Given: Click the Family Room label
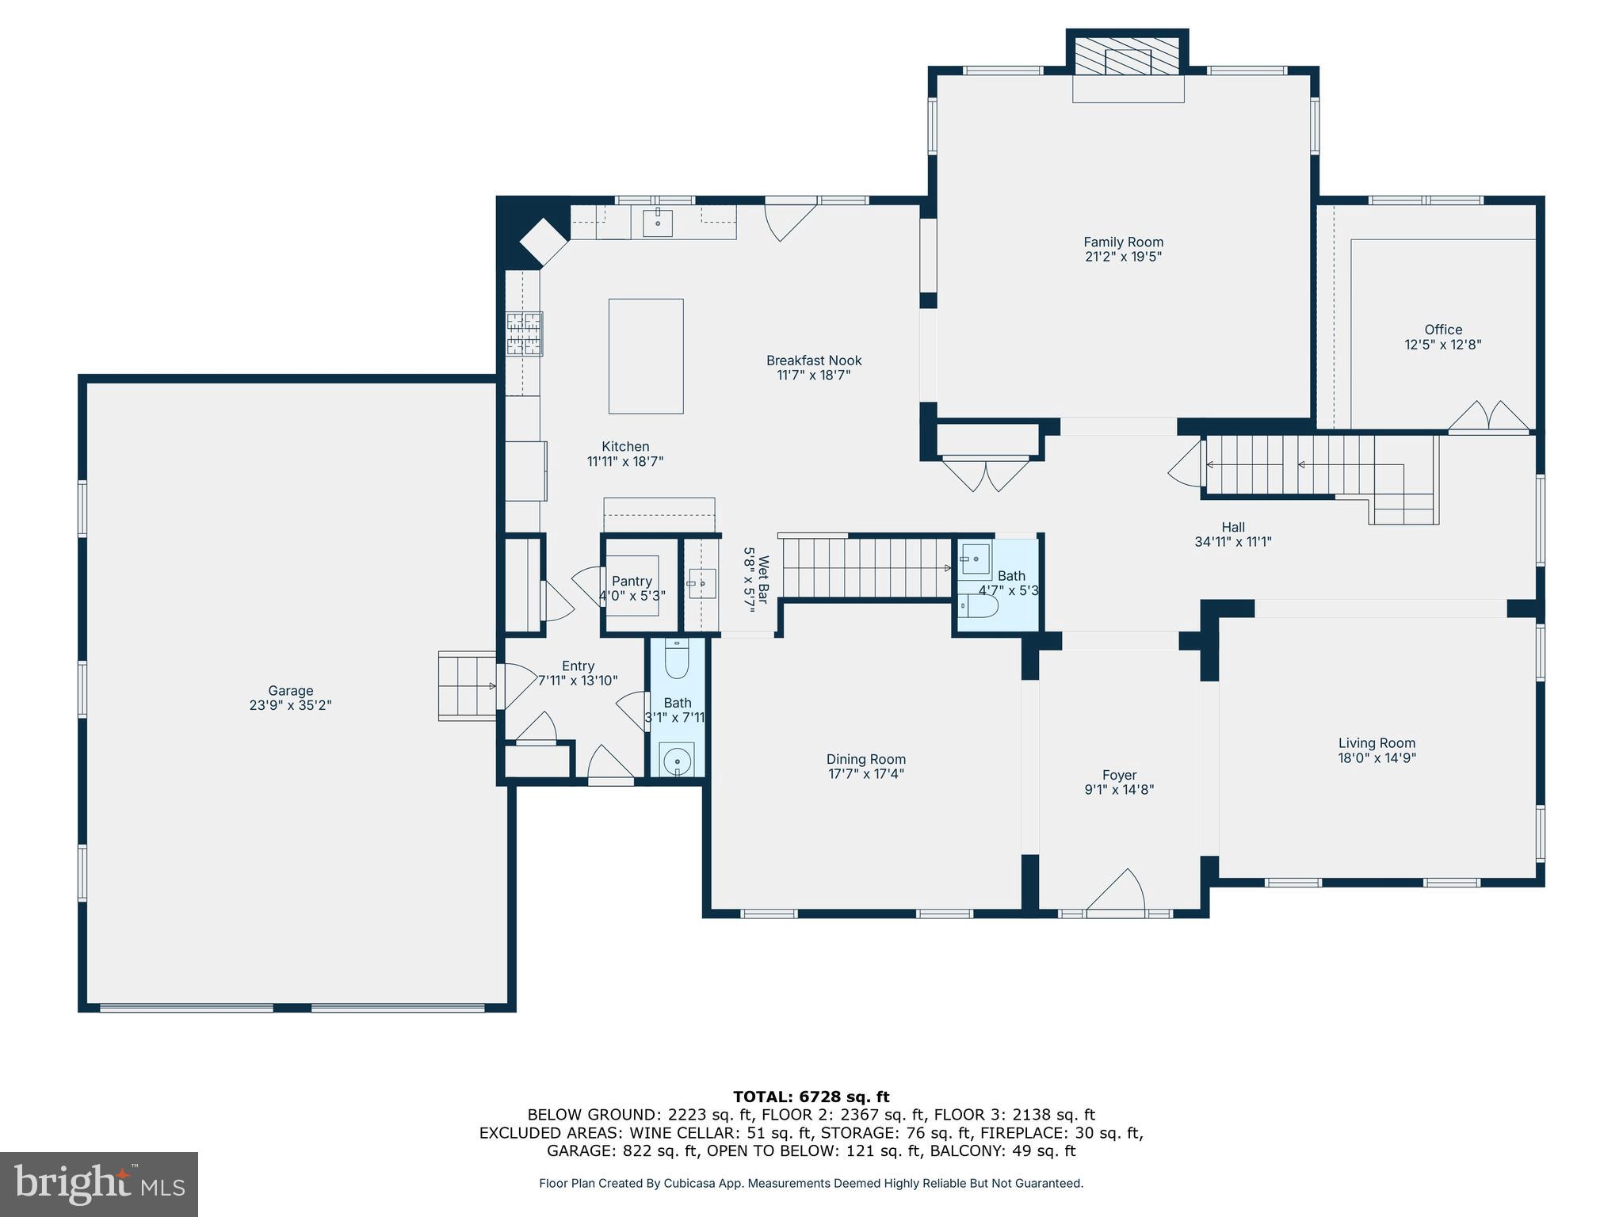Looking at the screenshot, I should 1123,242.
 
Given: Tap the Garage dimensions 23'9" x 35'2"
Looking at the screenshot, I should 290,705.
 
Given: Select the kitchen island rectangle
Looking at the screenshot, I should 645,356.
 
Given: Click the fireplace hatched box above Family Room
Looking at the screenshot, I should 1127,55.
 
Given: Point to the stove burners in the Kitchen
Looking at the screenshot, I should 525,334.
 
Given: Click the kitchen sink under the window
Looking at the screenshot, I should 657,223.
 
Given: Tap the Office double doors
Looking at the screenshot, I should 1489,418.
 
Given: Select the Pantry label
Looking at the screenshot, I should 632,582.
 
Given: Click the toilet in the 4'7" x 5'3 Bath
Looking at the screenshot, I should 979,607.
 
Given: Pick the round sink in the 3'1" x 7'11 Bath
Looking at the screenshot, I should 677,761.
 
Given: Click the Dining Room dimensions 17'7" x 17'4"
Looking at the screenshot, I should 865,774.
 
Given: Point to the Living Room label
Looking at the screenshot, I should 1377,743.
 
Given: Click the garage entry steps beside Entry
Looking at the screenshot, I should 467,685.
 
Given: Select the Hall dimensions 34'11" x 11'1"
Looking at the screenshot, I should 1232,542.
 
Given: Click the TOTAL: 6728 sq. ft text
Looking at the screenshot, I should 811,1097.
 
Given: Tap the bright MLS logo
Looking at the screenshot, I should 99,1184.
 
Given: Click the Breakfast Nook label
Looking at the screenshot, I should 813,361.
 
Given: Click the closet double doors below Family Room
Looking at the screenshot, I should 986,475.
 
